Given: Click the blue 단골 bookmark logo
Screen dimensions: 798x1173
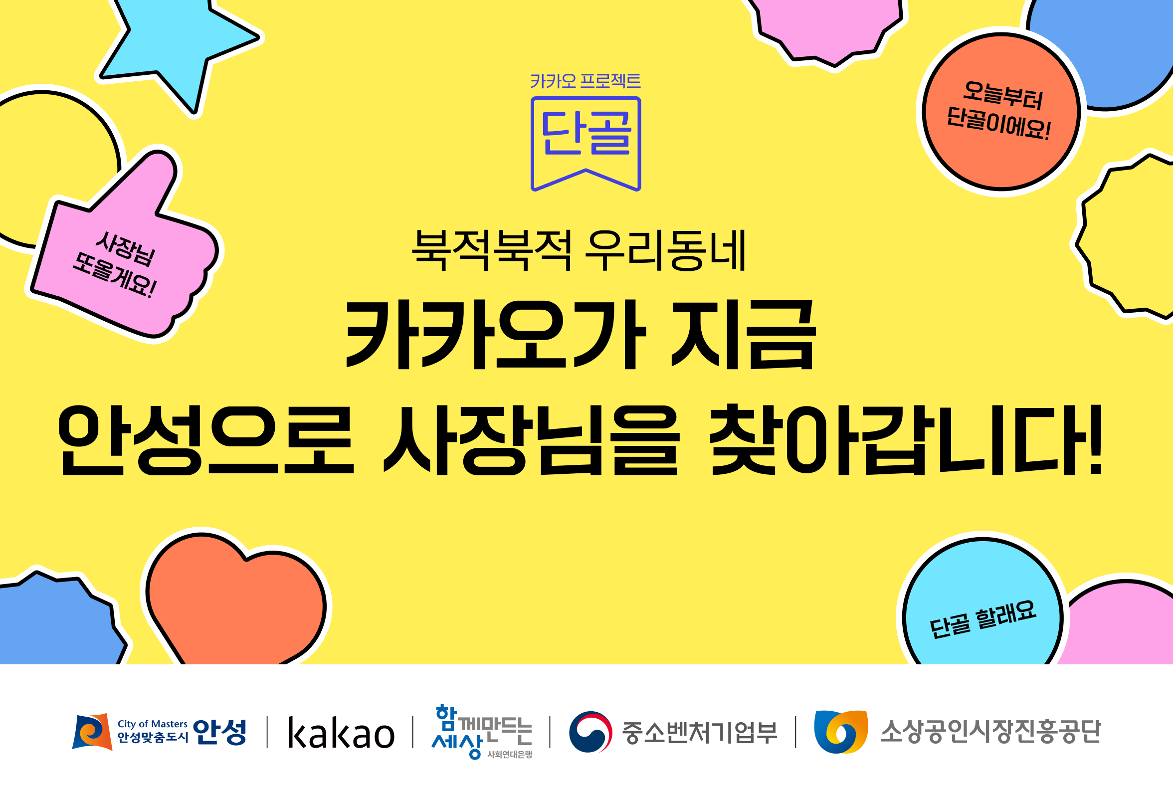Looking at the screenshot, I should coord(586,143).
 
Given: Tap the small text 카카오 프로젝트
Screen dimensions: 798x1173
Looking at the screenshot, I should coord(586,81).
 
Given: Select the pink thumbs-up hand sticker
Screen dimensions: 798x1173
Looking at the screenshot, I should coord(126,252).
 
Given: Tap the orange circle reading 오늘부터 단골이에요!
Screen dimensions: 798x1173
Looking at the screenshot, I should coord(1001,112).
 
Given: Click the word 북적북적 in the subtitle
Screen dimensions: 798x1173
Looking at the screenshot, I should coord(492,250).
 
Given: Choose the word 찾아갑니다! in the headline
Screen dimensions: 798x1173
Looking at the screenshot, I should coord(907,440).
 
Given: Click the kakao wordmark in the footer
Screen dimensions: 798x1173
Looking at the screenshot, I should coord(341,733).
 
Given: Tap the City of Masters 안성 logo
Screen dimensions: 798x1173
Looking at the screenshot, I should coord(159,731).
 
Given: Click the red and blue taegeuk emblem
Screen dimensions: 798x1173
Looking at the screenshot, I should coord(590,732).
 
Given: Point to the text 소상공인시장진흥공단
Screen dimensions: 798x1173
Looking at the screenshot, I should coord(990,732).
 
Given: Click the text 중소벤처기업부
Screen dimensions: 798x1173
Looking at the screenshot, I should coord(700,732).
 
